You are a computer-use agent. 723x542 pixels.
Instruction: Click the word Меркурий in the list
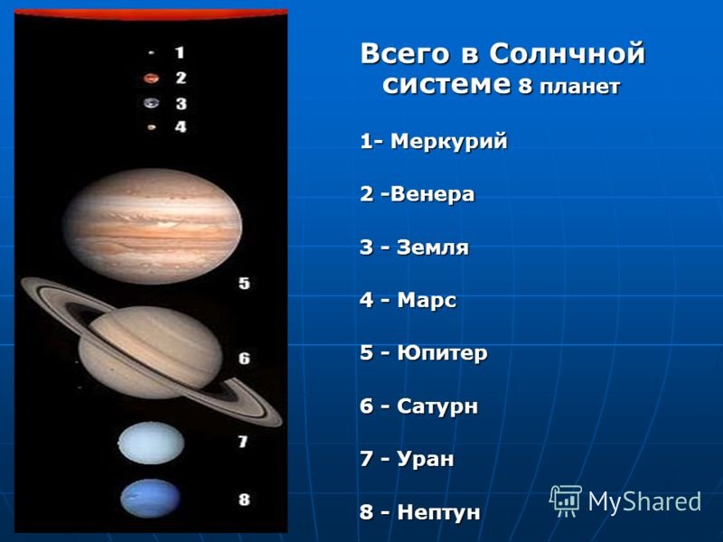coord(448,142)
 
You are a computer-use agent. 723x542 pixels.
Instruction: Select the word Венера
coord(432,193)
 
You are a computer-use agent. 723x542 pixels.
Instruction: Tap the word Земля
coord(433,248)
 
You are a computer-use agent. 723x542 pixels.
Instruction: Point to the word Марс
coord(427,301)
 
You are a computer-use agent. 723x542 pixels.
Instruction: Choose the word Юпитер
coord(442,353)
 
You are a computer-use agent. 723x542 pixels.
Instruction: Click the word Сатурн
coord(437,406)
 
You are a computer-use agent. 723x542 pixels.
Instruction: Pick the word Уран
coord(425,460)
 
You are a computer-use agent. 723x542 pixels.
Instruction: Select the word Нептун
coord(438,512)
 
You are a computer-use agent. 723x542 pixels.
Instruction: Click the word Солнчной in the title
coord(567,54)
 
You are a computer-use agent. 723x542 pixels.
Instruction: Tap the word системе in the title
coord(446,85)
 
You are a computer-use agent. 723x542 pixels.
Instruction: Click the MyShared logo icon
coord(566,501)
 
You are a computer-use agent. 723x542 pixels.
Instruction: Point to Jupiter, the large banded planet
coord(152,226)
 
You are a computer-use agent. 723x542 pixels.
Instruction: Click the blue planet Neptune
coord(150,499)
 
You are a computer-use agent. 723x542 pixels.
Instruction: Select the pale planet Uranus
coord(151,444)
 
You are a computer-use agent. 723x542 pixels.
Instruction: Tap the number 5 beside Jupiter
coord(244,283)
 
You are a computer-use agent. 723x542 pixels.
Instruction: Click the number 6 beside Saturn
coord(244,358)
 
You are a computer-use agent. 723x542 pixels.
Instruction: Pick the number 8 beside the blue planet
coord(244,500)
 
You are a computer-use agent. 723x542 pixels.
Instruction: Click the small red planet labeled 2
coord(151,79)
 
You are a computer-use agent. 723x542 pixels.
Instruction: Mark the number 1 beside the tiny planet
coord(180,52)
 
